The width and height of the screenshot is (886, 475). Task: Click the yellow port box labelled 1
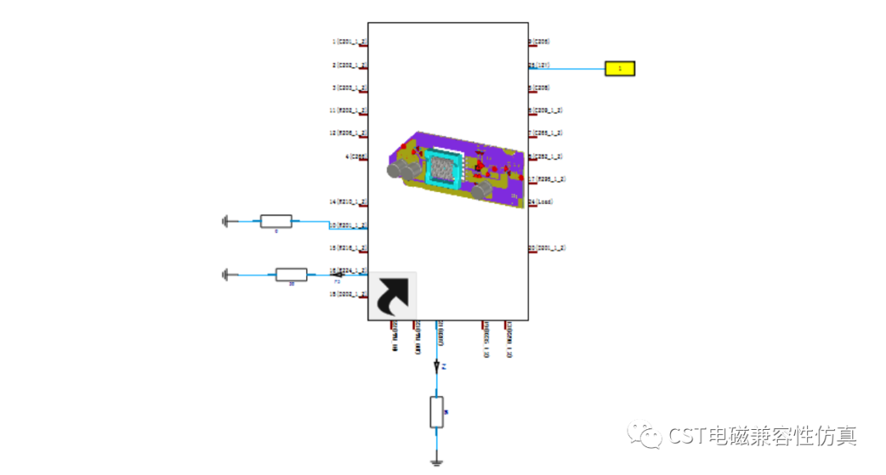coord(619,69)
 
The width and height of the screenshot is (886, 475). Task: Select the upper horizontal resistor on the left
coord(276,221)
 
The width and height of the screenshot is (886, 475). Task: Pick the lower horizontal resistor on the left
coord(291,274)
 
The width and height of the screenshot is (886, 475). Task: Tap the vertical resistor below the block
coord(436,412)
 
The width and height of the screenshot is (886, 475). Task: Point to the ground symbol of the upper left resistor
coord(225,221)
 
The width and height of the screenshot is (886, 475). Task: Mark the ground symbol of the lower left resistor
coord(225,274)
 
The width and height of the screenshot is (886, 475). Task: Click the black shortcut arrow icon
coord(392,295)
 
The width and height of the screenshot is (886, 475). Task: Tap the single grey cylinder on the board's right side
coord(483,190)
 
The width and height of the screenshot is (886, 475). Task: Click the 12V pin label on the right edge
coord(539,65)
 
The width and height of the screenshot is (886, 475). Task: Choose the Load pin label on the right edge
coord(541,201)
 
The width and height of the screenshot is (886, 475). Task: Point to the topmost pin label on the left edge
coord(349,41)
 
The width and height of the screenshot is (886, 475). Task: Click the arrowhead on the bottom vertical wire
coord(436,366)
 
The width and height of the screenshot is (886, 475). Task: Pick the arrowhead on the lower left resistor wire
coord(336,274)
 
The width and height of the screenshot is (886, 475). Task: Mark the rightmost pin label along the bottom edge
coord(509,340)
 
